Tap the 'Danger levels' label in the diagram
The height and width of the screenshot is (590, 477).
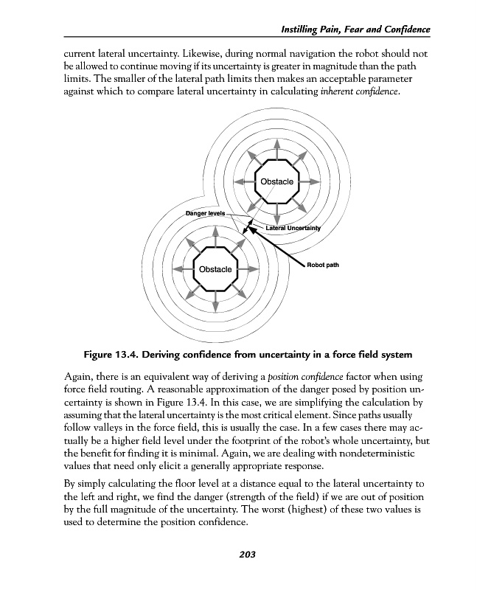point(205,213)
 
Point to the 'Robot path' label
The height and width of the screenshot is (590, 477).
point(322,265)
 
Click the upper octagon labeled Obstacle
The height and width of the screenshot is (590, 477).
point(276,181)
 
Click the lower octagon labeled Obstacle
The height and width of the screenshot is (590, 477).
point(215,269)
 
